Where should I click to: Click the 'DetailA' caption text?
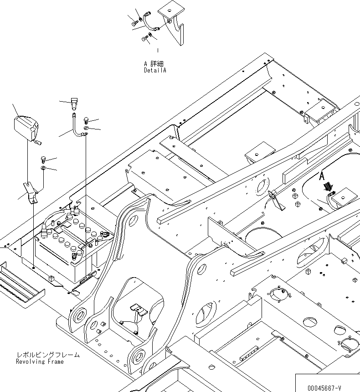coord(155,71)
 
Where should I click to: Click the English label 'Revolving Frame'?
coord(40,361)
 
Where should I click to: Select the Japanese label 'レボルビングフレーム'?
coord(47,355)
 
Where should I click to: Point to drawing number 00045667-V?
coord(324,387)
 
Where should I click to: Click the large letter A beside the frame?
coord(322,175)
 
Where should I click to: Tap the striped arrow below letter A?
coord(327,187)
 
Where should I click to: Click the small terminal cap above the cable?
coord(75,103)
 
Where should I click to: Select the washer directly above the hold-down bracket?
coord(43,169)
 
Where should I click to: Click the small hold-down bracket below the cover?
coord(31,191)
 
